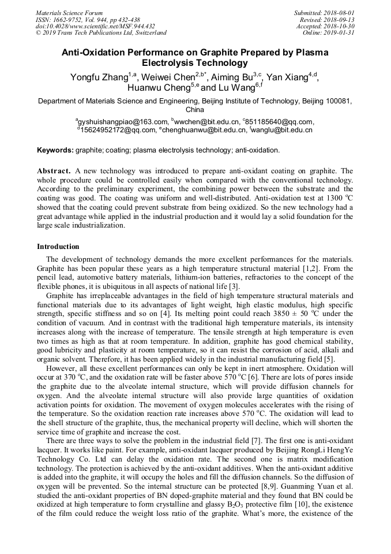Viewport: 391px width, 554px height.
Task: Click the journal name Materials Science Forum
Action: click(x=69, y=12)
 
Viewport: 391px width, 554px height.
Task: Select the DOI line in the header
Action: click(x=95, y=26)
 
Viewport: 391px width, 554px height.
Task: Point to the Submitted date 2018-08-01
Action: click(x=324, y=12)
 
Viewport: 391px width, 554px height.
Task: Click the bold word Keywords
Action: click(x=55, y=150)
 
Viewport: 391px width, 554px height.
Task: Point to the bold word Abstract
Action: click(x=54, y=172)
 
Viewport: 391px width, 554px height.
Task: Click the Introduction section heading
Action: click(x=58, y=247)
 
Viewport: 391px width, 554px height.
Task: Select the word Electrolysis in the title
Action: click(x=170, y=63)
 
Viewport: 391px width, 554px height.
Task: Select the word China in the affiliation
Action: click(x=195, y=109)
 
